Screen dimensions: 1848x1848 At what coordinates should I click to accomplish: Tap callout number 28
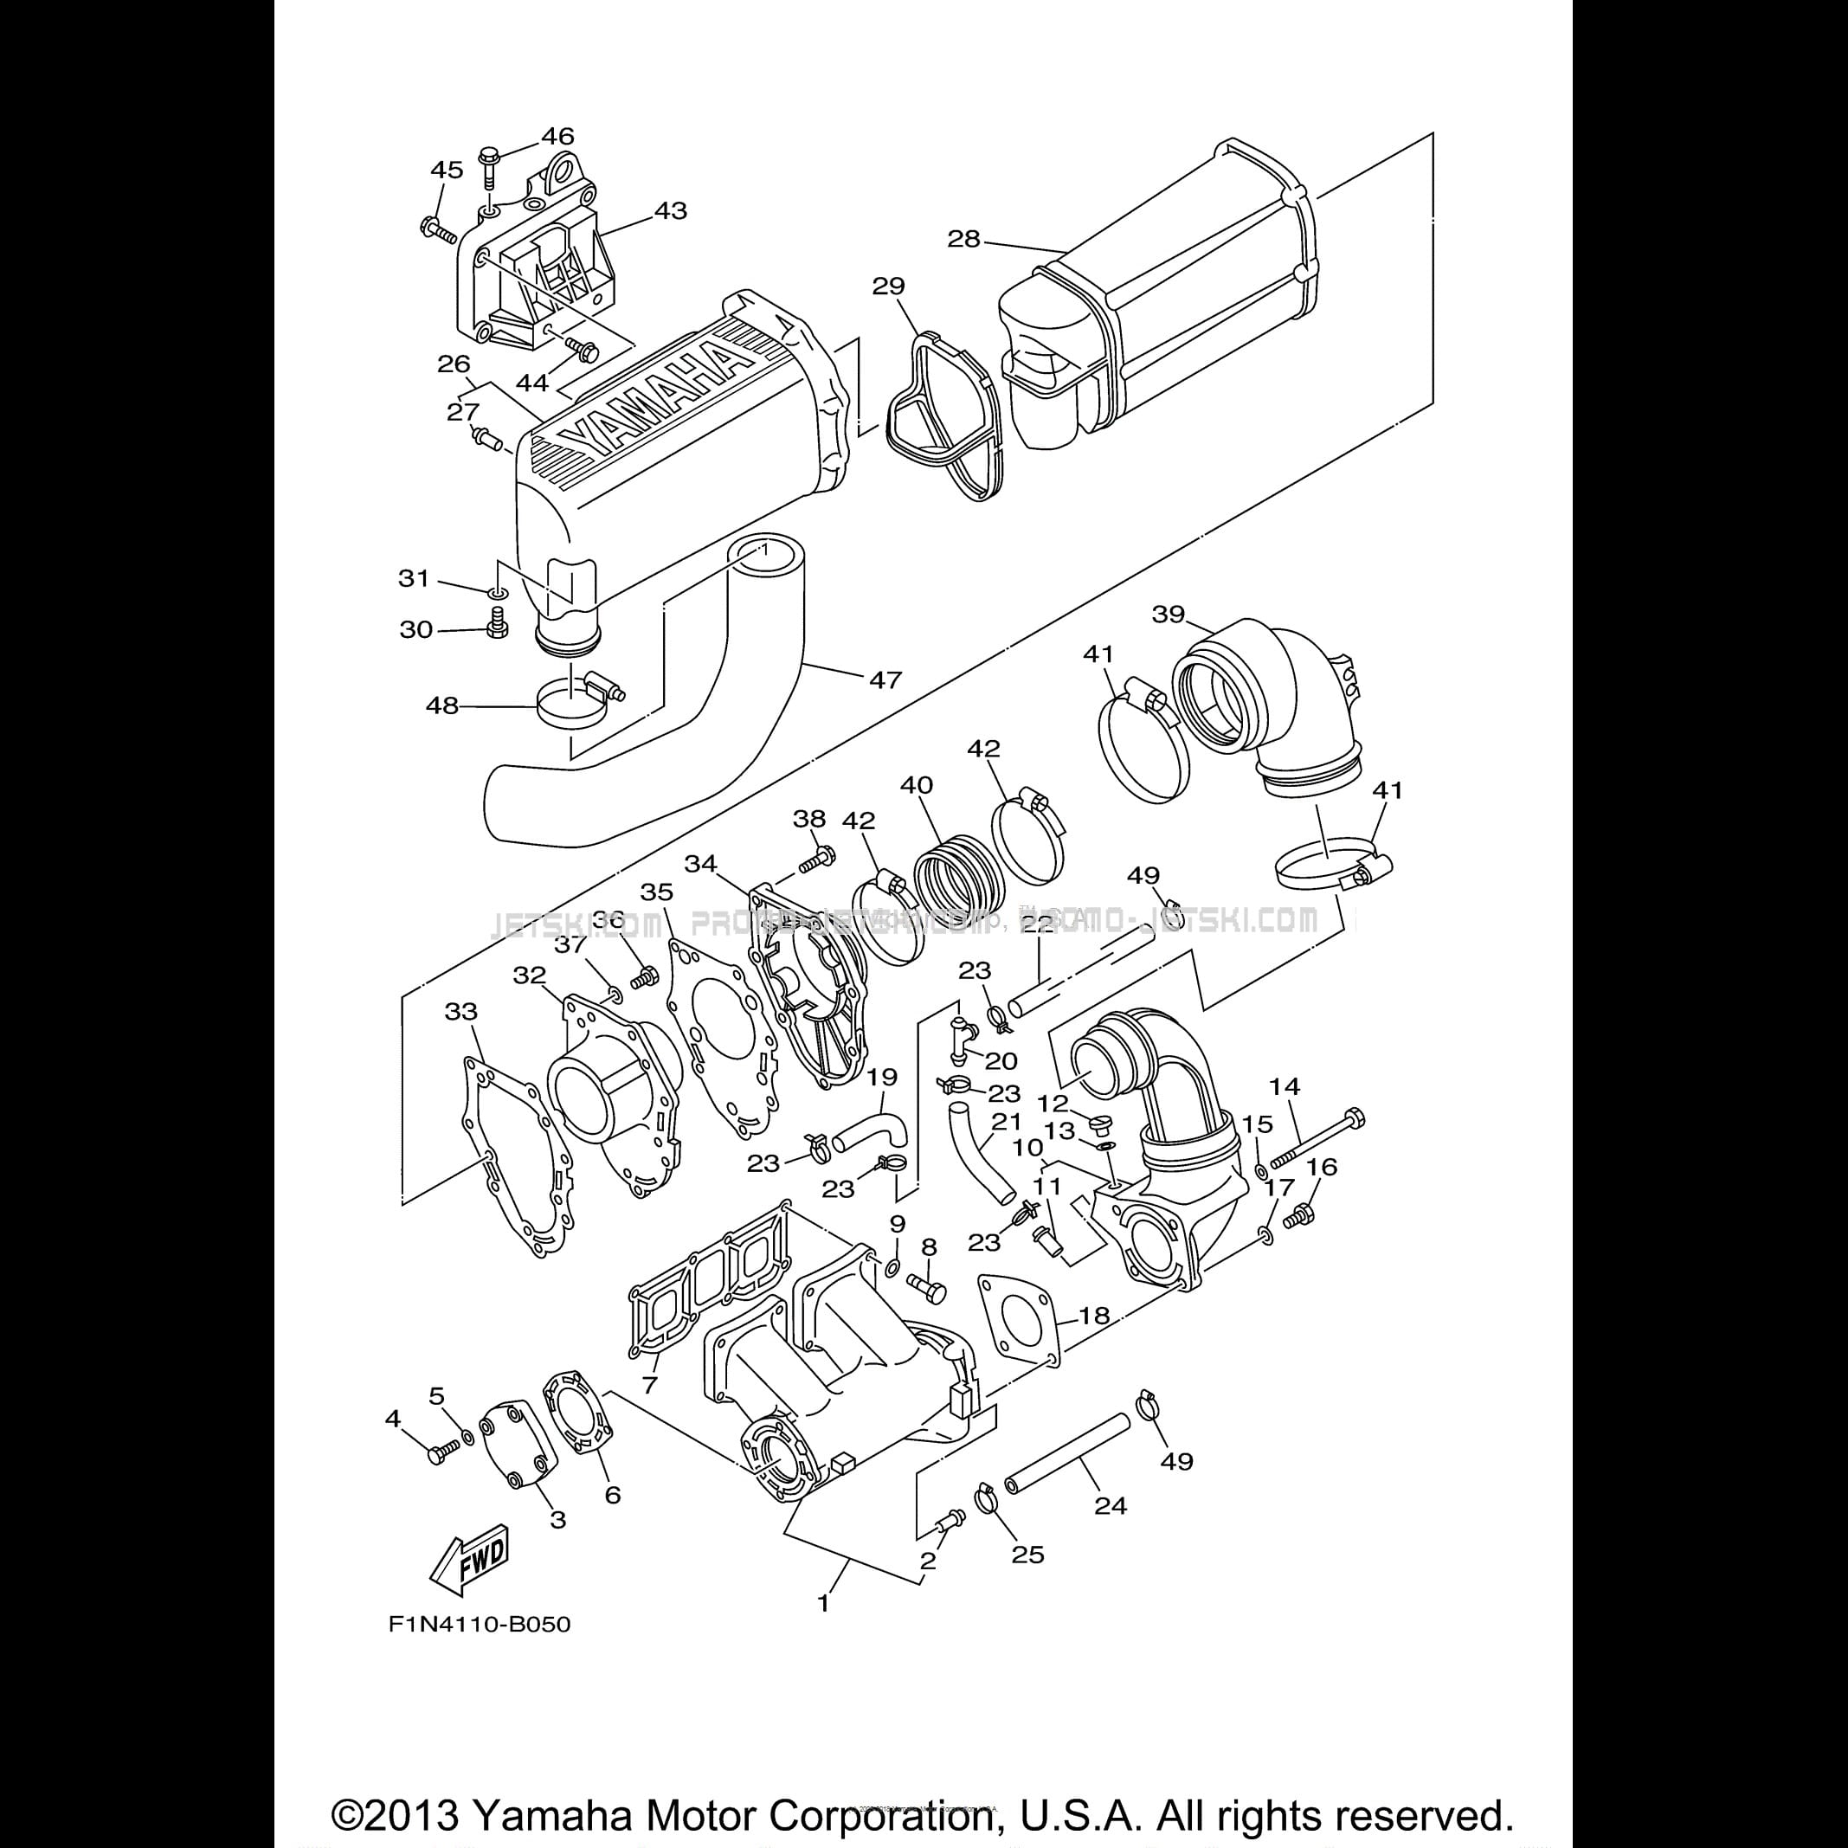pyautogui.click(x=963, y=238)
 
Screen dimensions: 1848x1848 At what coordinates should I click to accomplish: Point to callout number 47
pyautogui.click(x=885, y=679)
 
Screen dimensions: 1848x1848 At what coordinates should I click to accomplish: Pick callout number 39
pyautogui.click(x=1168, y=613)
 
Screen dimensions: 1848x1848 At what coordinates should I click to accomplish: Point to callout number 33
pyautogui.click(x=461, y=1011)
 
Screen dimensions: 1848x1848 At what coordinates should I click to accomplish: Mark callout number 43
pyautogui.click(x=670, y=209)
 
